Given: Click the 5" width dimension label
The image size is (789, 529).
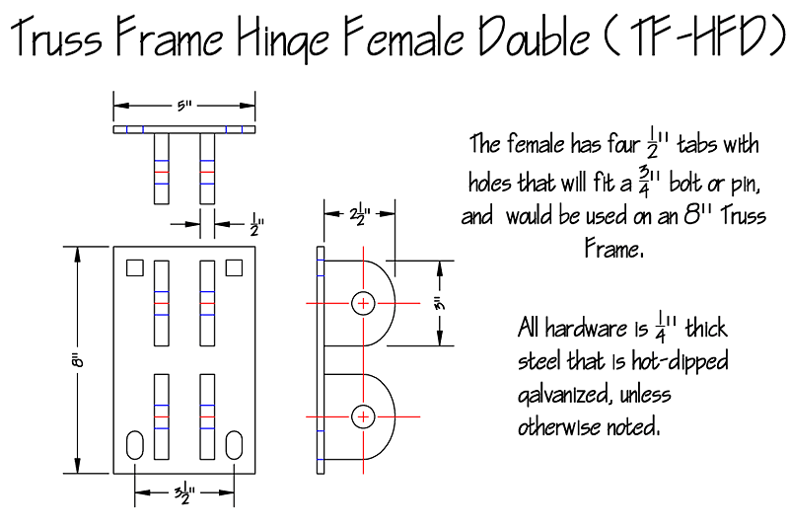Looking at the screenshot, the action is [184, 106].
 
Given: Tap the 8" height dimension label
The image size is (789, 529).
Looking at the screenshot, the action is [77, 360].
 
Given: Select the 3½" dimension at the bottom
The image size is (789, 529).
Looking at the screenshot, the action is [184, 492].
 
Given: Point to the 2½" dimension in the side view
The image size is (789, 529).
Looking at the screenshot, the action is [360, 214].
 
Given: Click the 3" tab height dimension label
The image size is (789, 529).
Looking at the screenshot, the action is [439, 304].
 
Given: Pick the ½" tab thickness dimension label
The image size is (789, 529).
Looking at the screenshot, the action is [256, 224].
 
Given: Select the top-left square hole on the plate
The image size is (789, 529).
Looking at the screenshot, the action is [134, 267].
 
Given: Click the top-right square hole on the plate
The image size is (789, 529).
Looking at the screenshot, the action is [234, 267].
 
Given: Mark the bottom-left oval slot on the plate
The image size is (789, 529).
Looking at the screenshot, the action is [134, 445].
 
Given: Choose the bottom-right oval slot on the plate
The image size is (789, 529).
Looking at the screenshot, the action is [234, 445].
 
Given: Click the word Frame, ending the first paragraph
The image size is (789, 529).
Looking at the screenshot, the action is [613, 249].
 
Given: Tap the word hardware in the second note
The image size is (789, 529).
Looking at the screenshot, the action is [586, 328].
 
